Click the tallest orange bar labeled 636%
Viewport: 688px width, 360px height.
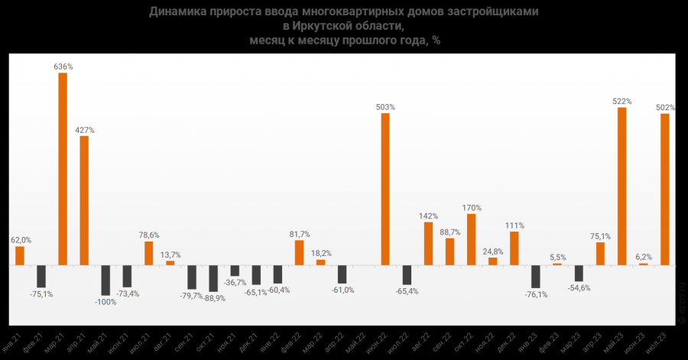pos(63,169)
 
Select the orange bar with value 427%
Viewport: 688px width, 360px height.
pos(84,200)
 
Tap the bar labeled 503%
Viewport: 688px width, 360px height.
pos(385,189)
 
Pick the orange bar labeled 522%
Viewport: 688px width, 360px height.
pos(622,186)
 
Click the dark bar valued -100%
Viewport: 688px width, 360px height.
pos(105,281)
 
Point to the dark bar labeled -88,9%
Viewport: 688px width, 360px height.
pos(213,278)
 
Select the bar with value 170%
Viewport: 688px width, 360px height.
pos(472,239)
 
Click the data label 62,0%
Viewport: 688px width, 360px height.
pos(20,239)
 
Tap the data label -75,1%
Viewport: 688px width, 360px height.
pos(41,294)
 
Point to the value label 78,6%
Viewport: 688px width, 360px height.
pos(149,235)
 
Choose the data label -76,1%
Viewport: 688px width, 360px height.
pos(536,294)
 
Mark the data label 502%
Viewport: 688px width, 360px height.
pos(665,107)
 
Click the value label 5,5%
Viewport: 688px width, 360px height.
pos(557,257)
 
